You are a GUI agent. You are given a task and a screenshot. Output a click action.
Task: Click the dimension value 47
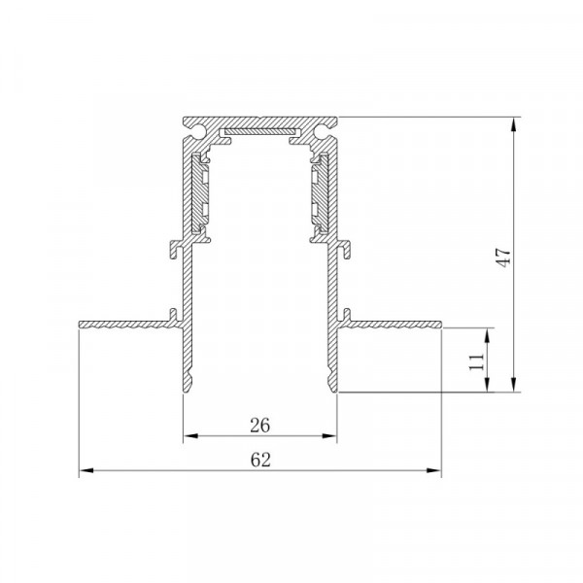[x=503, y=257]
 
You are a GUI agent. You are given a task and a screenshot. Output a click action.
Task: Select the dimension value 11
[x=477, y=361]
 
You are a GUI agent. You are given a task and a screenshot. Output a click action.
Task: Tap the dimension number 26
[x=259, y=426]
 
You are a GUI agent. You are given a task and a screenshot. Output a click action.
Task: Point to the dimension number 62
[x=260, y=460]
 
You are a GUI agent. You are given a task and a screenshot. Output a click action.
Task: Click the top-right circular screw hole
[x=320, y=131]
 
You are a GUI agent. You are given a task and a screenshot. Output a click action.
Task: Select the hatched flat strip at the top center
[x=260, y=132]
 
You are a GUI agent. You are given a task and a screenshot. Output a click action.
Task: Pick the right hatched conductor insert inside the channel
[x=321, y=193]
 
